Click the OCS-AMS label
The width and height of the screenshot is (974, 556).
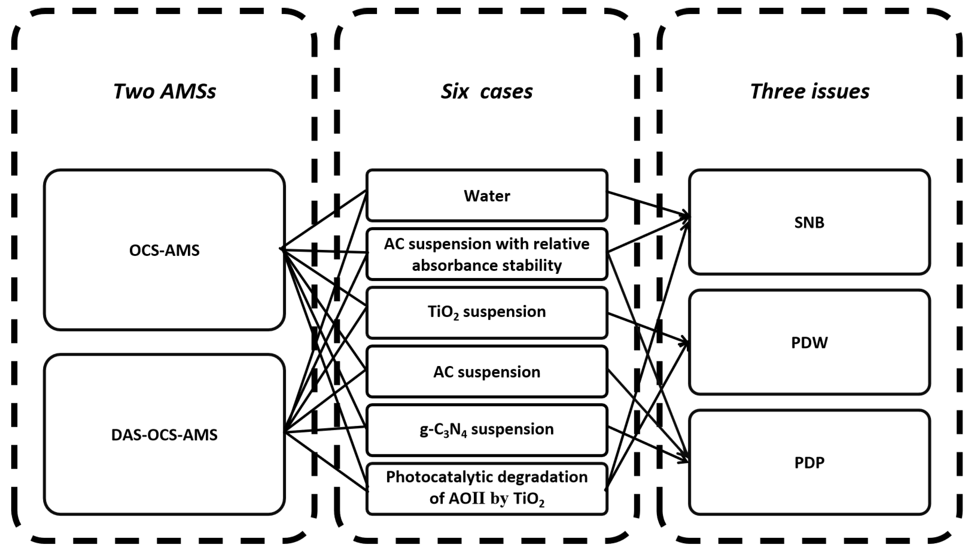click(164, 250)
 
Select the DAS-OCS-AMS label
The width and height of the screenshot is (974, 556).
click(164, 435)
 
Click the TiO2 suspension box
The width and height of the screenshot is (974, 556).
click(487, 312)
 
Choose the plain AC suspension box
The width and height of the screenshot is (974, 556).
click(487, 372)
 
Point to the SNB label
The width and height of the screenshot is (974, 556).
click(809, 222)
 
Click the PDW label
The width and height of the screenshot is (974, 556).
click(809, 342)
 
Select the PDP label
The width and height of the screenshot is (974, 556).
click(809, 463)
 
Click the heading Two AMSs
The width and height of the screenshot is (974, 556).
click(164, 92)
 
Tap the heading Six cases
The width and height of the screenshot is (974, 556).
click(487, 92)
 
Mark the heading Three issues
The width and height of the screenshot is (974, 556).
click(809, 92)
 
